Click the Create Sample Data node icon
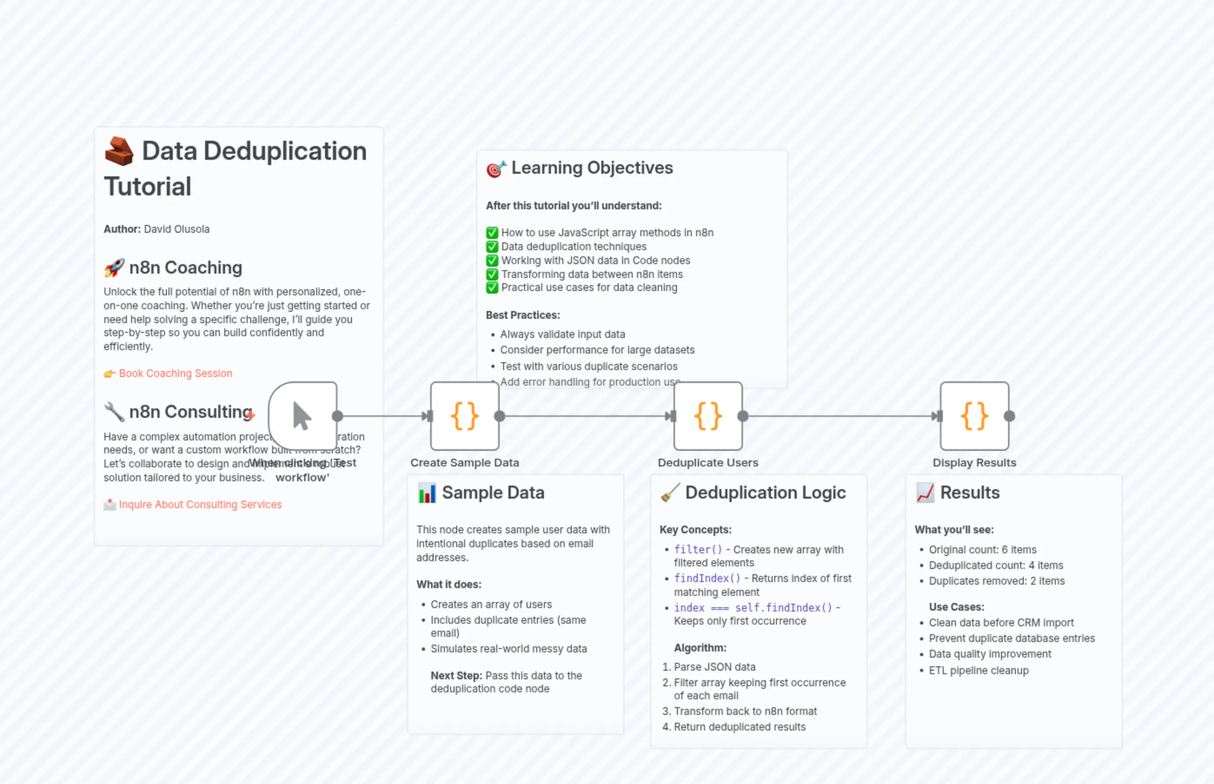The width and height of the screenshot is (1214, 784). pos(464,416)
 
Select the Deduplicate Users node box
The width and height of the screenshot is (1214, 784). pos(708,416)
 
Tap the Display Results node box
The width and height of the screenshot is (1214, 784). pos(974,416)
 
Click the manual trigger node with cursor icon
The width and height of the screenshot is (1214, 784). pos(302,416)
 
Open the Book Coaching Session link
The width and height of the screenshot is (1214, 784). pos(175,373)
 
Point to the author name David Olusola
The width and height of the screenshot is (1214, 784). pos(177,229)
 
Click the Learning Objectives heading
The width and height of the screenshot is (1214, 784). pos(592,168)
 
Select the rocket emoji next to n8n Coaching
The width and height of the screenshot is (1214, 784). pos(114,268)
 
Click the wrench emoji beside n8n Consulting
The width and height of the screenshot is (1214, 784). pos(114,411)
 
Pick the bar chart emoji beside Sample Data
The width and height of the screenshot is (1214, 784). pos(427,493)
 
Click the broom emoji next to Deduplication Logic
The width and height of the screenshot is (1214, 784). pos(670,493)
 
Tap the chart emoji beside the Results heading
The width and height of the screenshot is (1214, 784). pos(925,493)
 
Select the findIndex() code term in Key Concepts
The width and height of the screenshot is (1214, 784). pos(707,578)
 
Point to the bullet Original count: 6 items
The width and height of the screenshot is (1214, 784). pos(982,549)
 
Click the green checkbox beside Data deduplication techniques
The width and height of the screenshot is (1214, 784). pos(492,247)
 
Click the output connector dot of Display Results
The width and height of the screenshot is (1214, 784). pos(1009,416)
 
